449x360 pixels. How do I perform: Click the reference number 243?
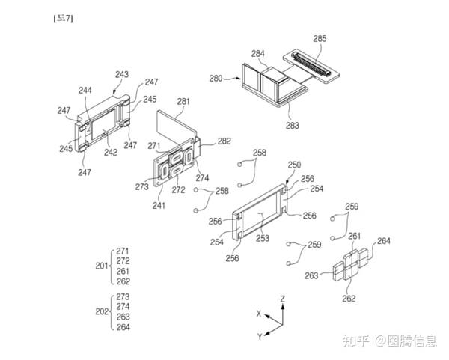(x=122, y=74)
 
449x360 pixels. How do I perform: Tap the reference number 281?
(x=183, y=101)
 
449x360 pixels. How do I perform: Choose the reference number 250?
(x=294, y=165)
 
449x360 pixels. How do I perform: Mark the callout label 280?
(x=216, y=77)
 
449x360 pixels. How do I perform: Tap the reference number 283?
(x=292, y=126)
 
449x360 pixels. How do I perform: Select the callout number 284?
(x=258, y=53)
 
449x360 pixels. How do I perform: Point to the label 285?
(x=320, y=37)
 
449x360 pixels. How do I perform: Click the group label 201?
(x=102, y=266)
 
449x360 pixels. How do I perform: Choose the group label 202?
(x=102, y=311)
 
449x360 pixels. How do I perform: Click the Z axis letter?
(x=282, y=298)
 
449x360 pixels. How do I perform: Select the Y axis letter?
(x=259, y=336)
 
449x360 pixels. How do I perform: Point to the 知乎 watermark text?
(x=355, y=341)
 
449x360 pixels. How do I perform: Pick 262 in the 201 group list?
(x=123, y=281)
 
